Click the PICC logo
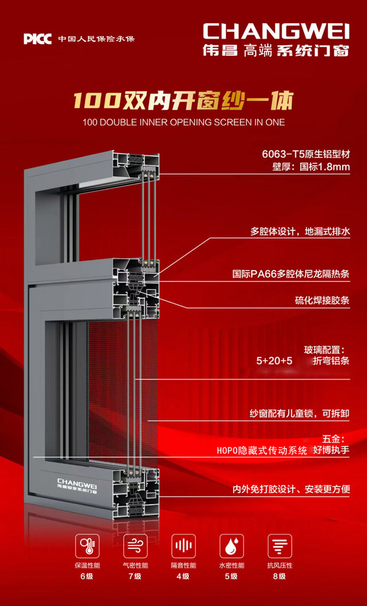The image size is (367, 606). click(38, 39)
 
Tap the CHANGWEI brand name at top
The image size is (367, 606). click(276, 31)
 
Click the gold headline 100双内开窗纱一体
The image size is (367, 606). click(183, 100)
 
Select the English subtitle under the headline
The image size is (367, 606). click(183, 122)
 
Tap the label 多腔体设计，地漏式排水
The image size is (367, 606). click(300, 231)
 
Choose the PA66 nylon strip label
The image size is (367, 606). click(300, 274)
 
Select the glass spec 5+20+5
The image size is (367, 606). click(274, 361)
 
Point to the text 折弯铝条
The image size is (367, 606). click(331, 361)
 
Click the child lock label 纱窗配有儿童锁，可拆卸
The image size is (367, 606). click(300, 414)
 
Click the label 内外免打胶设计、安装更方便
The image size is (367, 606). click(291, 489)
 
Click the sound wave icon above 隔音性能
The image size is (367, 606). click(183, 545)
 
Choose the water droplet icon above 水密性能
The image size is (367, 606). click(231, 545)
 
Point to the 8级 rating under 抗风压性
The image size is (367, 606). click(280, 576)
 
